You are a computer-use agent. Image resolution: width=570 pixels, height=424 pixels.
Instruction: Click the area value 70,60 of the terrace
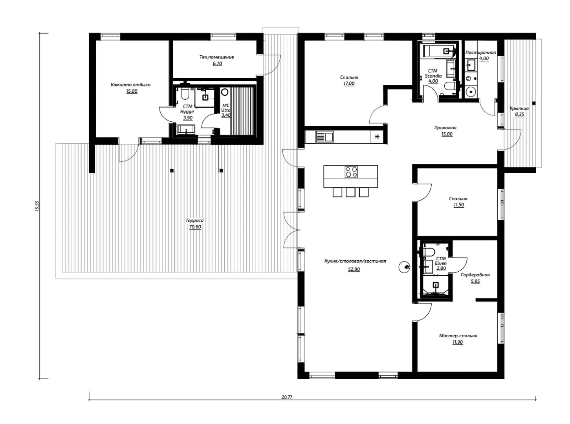pyautogui.click(x=195, y=227)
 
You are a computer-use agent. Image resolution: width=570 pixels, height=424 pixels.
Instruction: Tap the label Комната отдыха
pyautogui.click(x=130, y=85)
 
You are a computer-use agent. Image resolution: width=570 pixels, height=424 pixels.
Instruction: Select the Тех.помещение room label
pyautogui.click(x=216, y=57)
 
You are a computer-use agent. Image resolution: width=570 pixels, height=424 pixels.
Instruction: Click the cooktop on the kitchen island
pyautogui.click(x=351, y=172)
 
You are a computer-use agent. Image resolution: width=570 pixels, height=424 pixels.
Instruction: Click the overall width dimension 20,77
pyautogui.click(x=287, y=397)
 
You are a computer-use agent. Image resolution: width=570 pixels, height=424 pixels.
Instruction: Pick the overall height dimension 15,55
pyautogui.click(x=38, y=206)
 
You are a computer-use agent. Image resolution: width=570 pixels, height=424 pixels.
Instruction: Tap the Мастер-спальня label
pyautogui.click(x=458, y=336)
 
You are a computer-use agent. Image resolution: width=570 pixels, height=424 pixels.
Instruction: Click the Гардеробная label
pyautogui.click(x=475, y=275)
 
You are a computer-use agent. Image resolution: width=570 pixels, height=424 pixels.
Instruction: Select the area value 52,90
pyautogui.click(x=354, y=269)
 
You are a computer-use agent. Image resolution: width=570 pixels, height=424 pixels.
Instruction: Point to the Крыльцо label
pyautogui.click(x=519, y=108)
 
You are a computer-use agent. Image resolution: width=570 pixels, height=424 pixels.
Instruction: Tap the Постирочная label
pyautogui.click(x=480, y=53)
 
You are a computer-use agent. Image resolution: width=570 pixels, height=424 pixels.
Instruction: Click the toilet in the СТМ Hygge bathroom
pyautogui.click(x=185, y=93)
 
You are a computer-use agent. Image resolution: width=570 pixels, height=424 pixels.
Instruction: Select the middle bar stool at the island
pyautogui.click(x=350, y=192)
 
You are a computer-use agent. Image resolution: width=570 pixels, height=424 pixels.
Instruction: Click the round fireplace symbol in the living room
pyautogui.click(x=404, y=267)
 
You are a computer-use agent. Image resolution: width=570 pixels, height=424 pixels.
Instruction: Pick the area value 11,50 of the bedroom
pyautogui.click(x=458, y=205)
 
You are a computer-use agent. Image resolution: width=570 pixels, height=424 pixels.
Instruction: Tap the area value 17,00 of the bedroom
pyautogui.click(x=349, y=84)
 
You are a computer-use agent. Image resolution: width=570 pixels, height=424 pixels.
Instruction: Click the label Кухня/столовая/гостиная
pyautogui.click(x=355, y=261)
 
